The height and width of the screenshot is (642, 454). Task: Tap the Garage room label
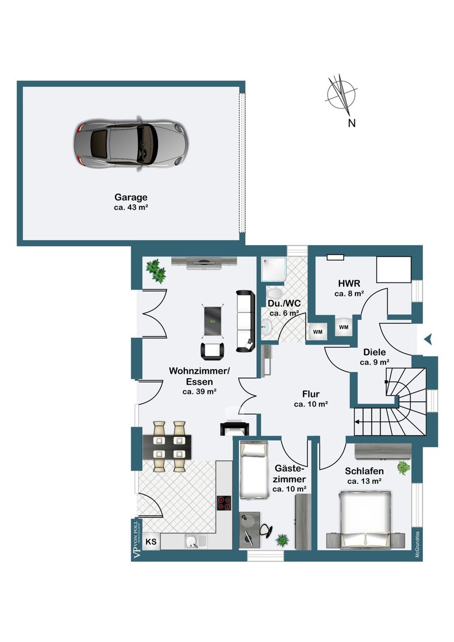point(131,197)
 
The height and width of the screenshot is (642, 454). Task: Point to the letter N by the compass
point(352,123)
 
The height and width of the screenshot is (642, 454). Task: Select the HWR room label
point(349,284)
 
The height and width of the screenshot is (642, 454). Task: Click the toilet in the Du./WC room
point(274,294)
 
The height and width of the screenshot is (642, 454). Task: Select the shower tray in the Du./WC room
point(274,269)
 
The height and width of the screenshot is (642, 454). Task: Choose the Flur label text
point(311,394)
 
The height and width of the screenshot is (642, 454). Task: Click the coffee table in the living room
point(212,320)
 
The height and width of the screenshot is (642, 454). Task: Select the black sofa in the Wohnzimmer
point(245,321)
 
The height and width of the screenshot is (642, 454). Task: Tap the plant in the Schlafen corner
point(404,468)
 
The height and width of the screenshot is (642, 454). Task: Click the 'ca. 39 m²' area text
point(199,392)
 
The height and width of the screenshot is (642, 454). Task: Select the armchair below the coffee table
point(213,351)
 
